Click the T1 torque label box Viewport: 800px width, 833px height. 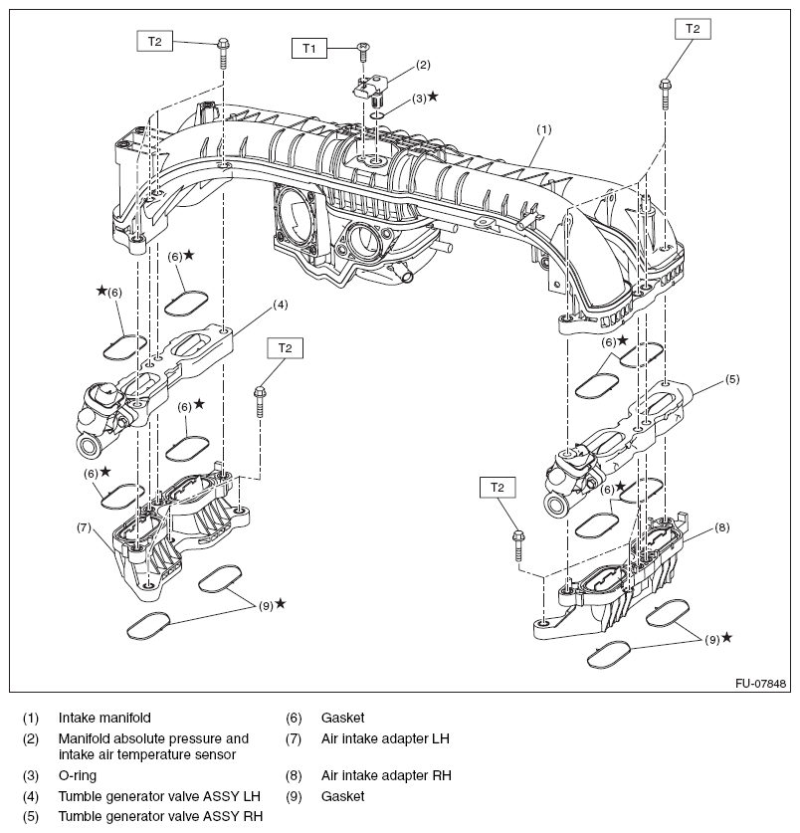(308, 47)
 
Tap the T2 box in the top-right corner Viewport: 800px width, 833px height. (693, 29)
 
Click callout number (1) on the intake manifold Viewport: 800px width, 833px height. (543, 129)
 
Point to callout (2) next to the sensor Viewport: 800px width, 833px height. (423, 65)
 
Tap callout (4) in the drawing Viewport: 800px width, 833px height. (281, 304)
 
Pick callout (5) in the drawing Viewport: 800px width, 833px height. (731, 379)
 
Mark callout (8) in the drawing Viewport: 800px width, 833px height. (722, 526)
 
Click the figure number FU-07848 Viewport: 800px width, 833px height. (761, 684)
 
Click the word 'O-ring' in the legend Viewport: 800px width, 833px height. (79, 774)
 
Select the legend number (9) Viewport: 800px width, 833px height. (294, 796)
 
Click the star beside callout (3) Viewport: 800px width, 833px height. (432, 98)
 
